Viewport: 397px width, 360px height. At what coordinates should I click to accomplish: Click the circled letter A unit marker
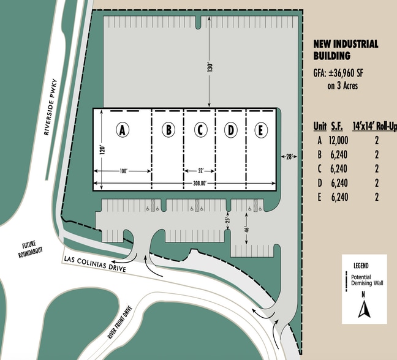point(123,130)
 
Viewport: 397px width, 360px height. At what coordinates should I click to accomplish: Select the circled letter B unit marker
point(168,130)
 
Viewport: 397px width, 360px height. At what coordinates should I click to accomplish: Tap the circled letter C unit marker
point(200,130)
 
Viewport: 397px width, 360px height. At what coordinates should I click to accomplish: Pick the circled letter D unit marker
point(231,130)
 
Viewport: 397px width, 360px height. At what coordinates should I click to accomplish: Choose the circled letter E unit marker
point(261,130)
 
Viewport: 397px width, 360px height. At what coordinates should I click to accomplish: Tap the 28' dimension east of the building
point(288,157)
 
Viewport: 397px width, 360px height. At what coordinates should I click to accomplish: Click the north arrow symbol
point(365,311)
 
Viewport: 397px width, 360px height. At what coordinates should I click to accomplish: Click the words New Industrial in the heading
point(346,44)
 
